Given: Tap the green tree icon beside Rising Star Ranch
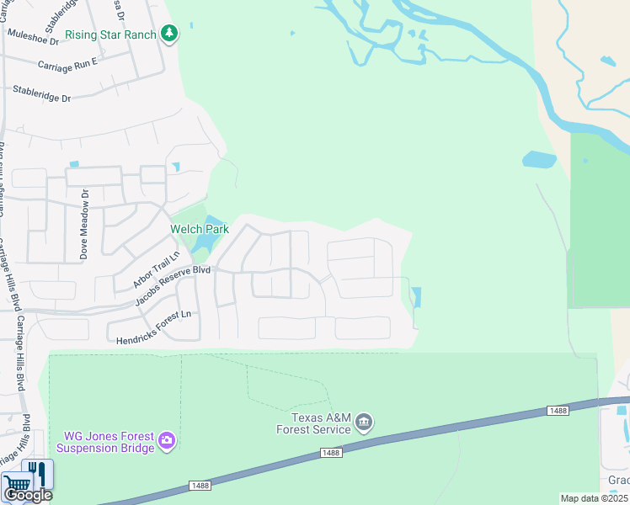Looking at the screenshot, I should point(170,34).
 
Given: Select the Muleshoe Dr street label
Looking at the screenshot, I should point(33,36).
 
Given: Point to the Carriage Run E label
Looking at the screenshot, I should point(67,64).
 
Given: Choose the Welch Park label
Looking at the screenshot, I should point(200,229).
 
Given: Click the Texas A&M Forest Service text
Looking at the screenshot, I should point(314,423).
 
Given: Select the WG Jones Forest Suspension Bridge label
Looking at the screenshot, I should point(109,442).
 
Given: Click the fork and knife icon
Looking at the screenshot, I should point(37,473).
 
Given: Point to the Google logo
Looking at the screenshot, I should point(28,495).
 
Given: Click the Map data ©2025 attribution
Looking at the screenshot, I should point(595,498).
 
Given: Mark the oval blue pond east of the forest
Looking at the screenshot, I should point(539,159).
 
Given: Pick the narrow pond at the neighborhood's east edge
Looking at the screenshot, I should point(416,297).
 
